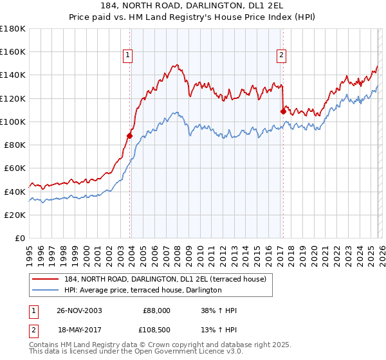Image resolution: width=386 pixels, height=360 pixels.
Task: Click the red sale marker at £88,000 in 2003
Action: click(130, 136)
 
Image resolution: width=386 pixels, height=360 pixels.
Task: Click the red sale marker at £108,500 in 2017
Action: click(283, 111)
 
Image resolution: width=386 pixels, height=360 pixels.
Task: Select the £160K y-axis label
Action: click(13, 51)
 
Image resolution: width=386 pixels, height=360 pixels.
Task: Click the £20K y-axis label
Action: click(15, 215)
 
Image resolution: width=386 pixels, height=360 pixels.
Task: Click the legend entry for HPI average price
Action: click(143, 291)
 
